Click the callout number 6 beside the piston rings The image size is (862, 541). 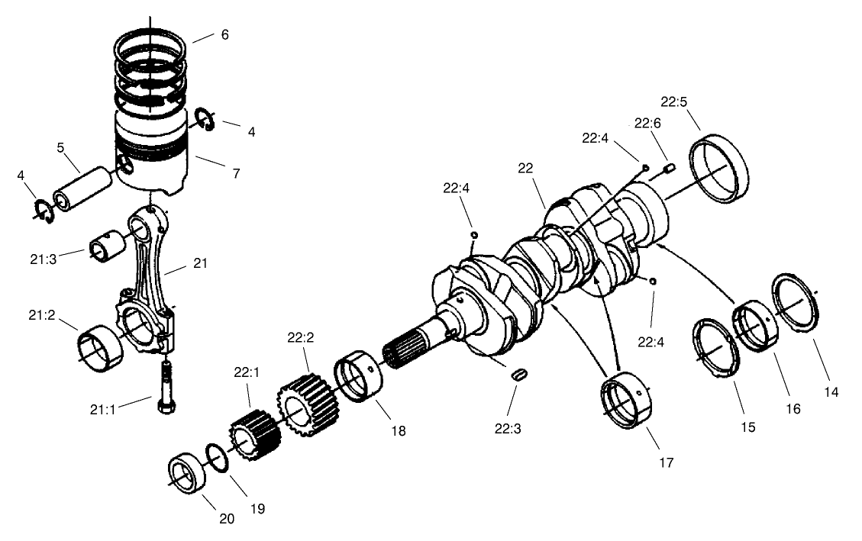(224, 35)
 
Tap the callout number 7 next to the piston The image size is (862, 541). (236, 174)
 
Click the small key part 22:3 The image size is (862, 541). (519, 375)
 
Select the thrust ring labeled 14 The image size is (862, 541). (796, 301)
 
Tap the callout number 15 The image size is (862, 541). (747, 427)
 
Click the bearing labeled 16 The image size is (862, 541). (755, 324)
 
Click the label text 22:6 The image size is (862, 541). (647, 124)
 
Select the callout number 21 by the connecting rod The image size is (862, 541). (200, 263)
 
